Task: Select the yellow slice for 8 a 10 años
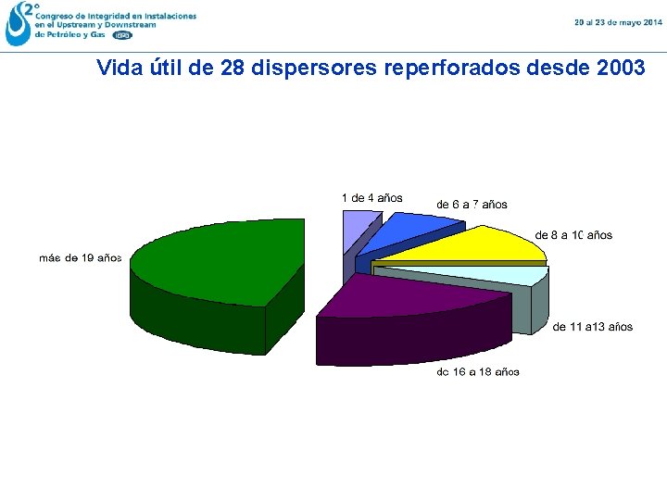[x=463, y=244]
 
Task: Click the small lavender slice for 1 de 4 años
[x=358, y=230]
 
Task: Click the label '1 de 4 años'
[x=371, y=197]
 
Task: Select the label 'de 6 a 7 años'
[x=472, y=204]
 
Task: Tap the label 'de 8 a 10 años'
[x=573, y=235]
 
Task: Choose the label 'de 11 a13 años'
[x=593, y=326]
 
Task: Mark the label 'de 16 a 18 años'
[x=478, y=371]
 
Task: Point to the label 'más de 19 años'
[x=81, y=257]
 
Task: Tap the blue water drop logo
[x=18, y=23]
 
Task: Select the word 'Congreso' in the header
[x=57, y=17]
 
